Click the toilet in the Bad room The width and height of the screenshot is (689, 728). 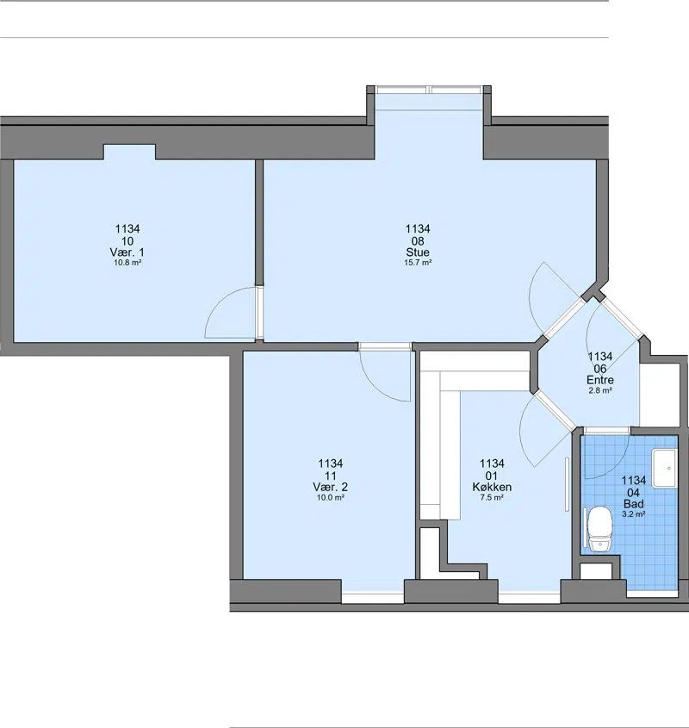pos(599,529)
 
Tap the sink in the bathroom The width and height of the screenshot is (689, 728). pos(665,468)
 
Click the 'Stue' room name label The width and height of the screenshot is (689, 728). pos(418,252)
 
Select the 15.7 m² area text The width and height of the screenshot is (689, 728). pos(418,263)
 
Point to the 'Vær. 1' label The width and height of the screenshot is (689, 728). pos(127,252)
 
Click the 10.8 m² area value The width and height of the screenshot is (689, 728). pos(127,263)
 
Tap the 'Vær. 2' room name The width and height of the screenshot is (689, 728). pos(330,487)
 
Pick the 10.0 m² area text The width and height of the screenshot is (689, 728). pos(330,498)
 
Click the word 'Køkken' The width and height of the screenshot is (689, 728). pos(492,487)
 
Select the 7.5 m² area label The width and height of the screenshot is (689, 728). pos(492,498)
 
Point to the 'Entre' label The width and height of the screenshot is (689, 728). pos(599,380)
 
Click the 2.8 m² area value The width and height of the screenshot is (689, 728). pos(599,390)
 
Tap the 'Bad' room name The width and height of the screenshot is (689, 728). pos(633,504)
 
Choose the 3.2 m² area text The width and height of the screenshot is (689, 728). pos(633,514)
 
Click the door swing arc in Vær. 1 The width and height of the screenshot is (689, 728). pos(218,302)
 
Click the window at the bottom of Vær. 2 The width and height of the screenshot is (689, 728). pos(373,597)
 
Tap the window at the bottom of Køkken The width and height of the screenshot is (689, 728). pos(530,597)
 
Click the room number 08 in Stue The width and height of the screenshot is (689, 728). pos(418,241)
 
